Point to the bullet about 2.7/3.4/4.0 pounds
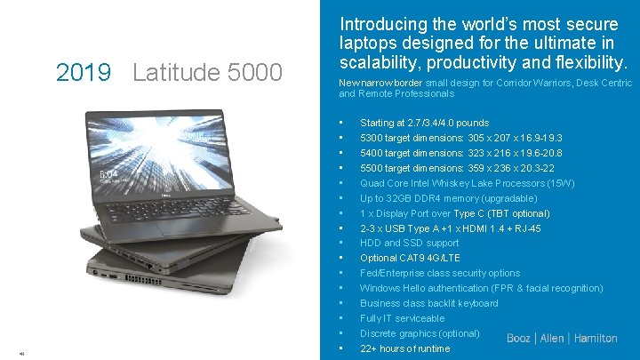(x=424, y=123)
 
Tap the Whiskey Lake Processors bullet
(x=467, y=183)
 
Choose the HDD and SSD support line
(x=409, y=243)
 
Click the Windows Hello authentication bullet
(x=481, y=288)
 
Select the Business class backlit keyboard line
(x=428, y=303)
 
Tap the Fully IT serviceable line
(x=402, y=318)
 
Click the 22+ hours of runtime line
(x=404, y=348)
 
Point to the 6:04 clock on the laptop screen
(x=108, y=174)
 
